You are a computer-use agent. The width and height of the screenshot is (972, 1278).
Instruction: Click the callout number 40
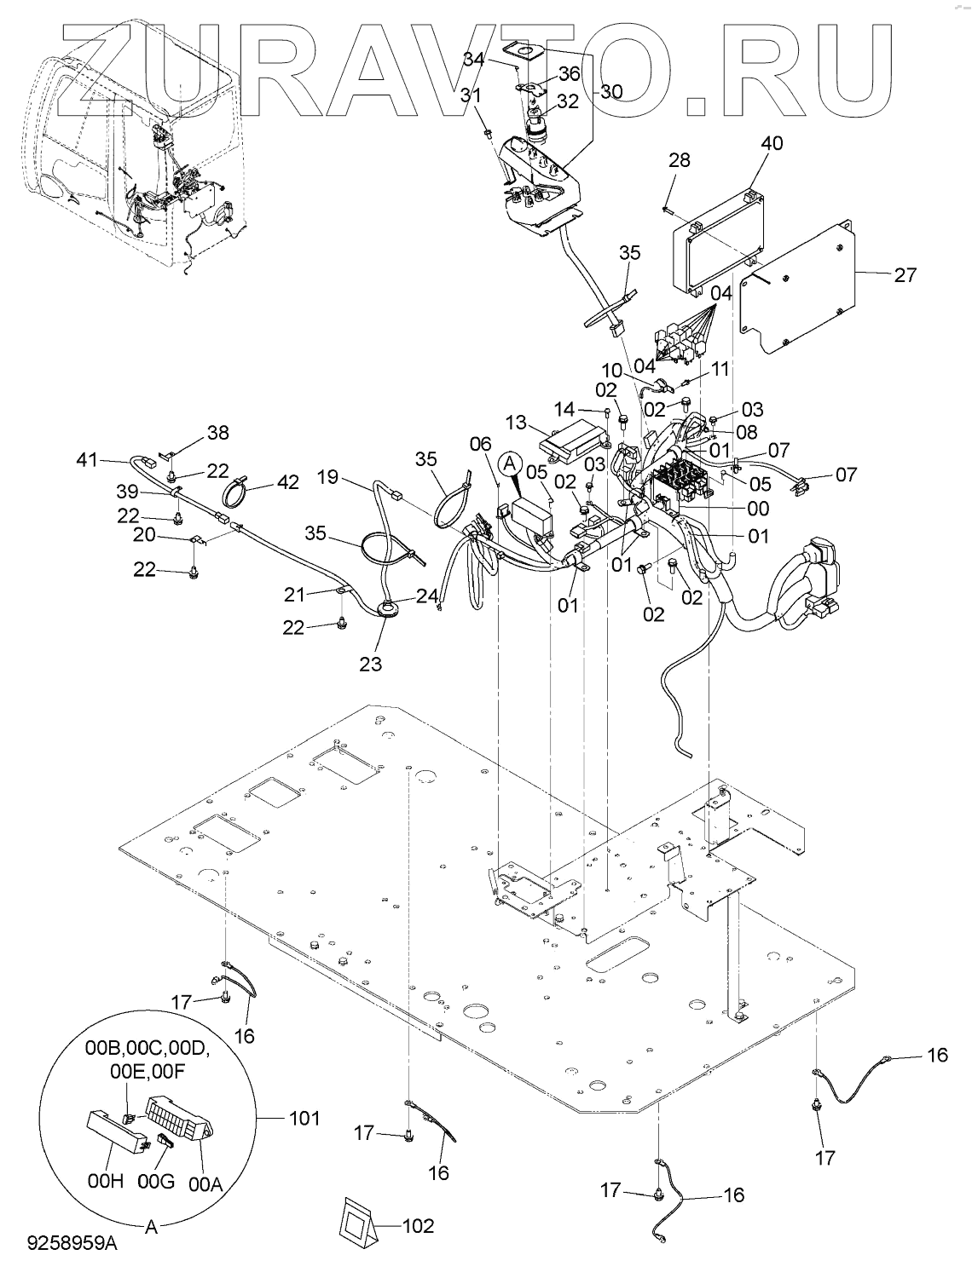[747, 143]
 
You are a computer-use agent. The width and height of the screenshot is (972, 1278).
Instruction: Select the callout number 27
[905, 274]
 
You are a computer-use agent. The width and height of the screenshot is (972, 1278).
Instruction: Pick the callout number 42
[288, 481]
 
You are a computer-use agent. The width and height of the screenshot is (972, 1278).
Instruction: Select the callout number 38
[218, 433]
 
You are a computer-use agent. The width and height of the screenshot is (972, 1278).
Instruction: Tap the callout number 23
[372, 663]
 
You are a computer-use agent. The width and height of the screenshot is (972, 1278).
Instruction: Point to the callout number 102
[418, 1226]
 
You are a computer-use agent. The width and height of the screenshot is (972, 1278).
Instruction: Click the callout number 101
[304, 1118]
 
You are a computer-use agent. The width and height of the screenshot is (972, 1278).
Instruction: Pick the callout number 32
[568, 101]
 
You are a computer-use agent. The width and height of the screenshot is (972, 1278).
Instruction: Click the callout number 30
[611, 92]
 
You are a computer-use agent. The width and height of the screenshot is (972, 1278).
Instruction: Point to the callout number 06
[482, 443]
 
